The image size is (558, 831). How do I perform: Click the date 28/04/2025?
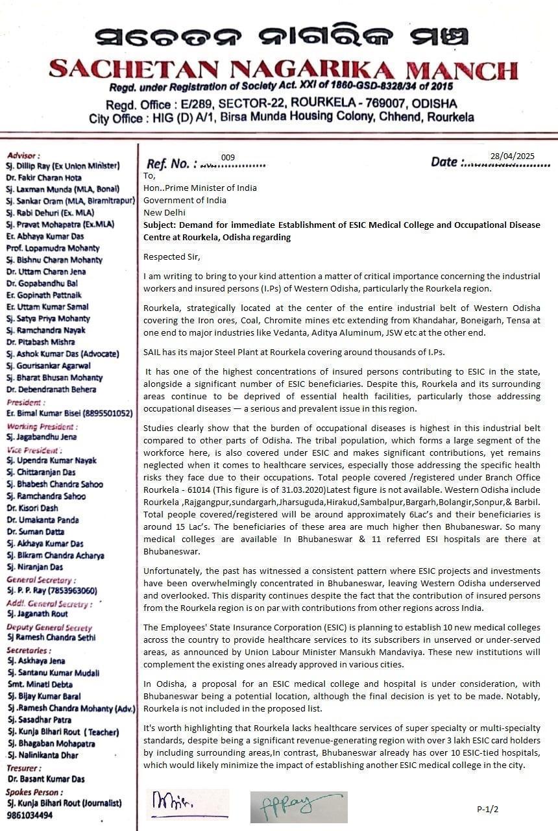pyautogui.click(x=513, y=156)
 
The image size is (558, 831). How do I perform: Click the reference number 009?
pyautogui.click(x=228, y=158)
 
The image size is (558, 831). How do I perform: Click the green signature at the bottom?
pyautogui.click(x=298, y=806)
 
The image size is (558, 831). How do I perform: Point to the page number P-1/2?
pyautogui.click(x=487, y=809)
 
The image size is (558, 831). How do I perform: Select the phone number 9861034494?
pyautogui.click(x=30, y=815)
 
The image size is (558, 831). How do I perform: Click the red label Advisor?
pyautogui.click(x=23, y=156)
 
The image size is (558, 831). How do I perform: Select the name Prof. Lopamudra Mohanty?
pyautogui.click(x=53, y=248)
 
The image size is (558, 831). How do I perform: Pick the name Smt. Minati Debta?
pyautogui.click(x=40, y=684)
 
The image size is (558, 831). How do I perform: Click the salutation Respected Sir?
pyautogui.click(x=172, y=257)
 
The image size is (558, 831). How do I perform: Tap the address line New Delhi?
pyautogui.click(x=164, y=212)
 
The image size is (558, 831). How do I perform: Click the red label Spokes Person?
pyautogui.click(x=34, y=792)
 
